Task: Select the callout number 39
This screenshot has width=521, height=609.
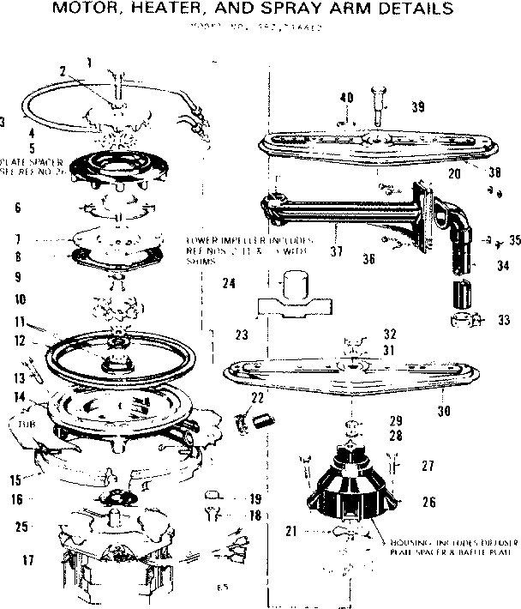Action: (x=417, y=107)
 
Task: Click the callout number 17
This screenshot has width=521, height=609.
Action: (x=28, y=561)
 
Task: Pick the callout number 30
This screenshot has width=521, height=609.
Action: (x=444, y=411)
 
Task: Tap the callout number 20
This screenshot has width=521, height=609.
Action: (x=454, y=172)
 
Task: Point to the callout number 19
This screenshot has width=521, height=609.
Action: (x=255, y=498)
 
